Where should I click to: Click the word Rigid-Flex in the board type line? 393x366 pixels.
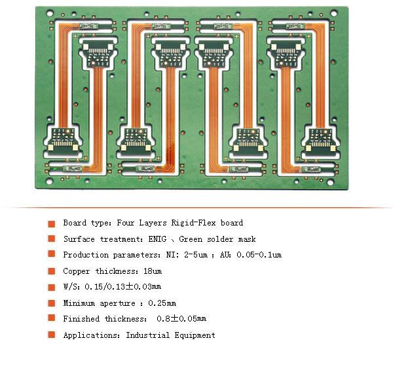pyautogui.click(x=193, y=223)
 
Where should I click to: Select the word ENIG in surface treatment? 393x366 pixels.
pyautogui.click(x=157, y=239)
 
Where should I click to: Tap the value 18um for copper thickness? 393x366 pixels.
pyautogui.click(x=153, y=271)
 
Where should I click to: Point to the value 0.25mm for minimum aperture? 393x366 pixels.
pyautogui.click(x=162, y=303)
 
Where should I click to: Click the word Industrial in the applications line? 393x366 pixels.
pyautogui.click(x=147, y=335)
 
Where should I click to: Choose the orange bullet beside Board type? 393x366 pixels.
pyautogui.click(x=52, y=224)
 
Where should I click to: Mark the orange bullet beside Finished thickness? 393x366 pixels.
pyautogui.click(x=52, y=318)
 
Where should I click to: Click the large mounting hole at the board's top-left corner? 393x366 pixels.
pyautogui.click(x=50, y=12)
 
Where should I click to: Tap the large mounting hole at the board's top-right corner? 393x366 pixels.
pyautogui.click(x=334, y=12)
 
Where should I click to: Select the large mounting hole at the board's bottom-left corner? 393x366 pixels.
pyautogui.click(x=49, y=182)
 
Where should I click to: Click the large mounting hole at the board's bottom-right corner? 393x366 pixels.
pyautogui.click(x=330, y=182)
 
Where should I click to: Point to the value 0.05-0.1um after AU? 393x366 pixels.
pyautogui.click(x=259, y=255)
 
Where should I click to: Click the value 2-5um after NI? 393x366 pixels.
pyautogui.click(x=196, y=255)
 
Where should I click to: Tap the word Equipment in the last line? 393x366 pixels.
pyautogui.click(x=195, y=335)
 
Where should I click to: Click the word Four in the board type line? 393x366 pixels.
pyautogui.click(x=125, y=223)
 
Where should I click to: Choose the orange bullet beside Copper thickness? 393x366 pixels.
pyautogui.click(x=52, y=271)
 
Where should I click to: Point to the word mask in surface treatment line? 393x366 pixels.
pyautogui.click(x=247, y=239)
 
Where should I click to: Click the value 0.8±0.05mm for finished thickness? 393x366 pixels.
pyautogui.click(x=181, y=318)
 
